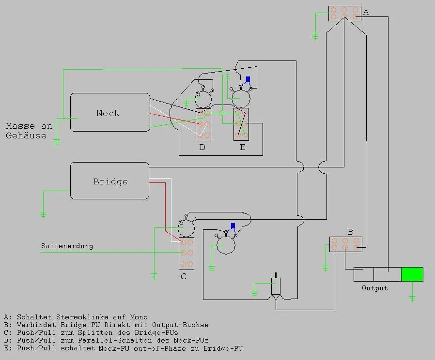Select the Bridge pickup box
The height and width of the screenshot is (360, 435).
click(110, 181)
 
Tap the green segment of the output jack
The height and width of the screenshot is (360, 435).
click(412, 274)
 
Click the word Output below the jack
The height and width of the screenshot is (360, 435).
click(374, 288)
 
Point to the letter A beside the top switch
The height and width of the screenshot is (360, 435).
click(366, 12)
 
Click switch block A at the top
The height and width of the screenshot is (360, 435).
click(344, 14)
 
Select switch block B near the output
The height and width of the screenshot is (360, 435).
click(345, 244)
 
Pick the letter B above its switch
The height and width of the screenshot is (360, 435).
click(350, 232)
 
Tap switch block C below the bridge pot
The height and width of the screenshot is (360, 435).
click(186, 253)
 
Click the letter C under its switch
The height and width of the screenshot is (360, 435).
click(184, 277)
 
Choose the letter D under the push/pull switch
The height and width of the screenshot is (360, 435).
click(202, 147)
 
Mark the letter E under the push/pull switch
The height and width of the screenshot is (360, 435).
click(243, 147)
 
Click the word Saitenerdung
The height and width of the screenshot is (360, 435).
click(67, 246)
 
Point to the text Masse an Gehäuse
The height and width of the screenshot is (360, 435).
click(29, 131)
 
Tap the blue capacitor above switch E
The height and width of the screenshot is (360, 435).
click(248, 79)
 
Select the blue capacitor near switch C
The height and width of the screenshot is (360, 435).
click(233, 225)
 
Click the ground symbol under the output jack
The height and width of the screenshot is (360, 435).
click(412, 299)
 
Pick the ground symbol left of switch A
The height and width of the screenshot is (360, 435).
click(315, 36)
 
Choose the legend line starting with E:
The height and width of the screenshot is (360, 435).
click(123, 348)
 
